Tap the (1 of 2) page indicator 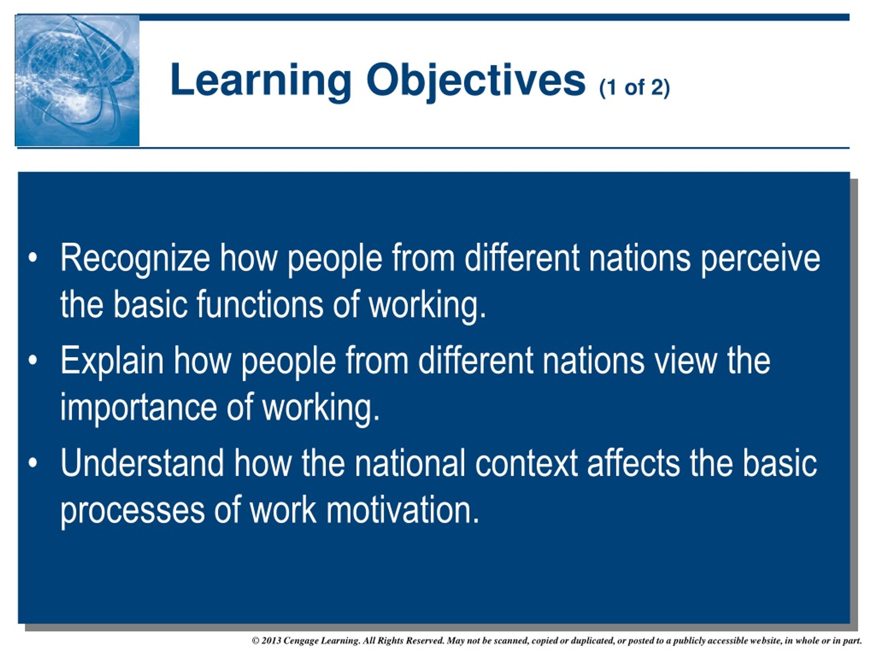[x=634, y=87]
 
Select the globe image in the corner [x=77, y=81]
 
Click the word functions [x=260, y=305]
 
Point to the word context [x=526, y=463]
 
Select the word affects [x=633, y=463]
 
